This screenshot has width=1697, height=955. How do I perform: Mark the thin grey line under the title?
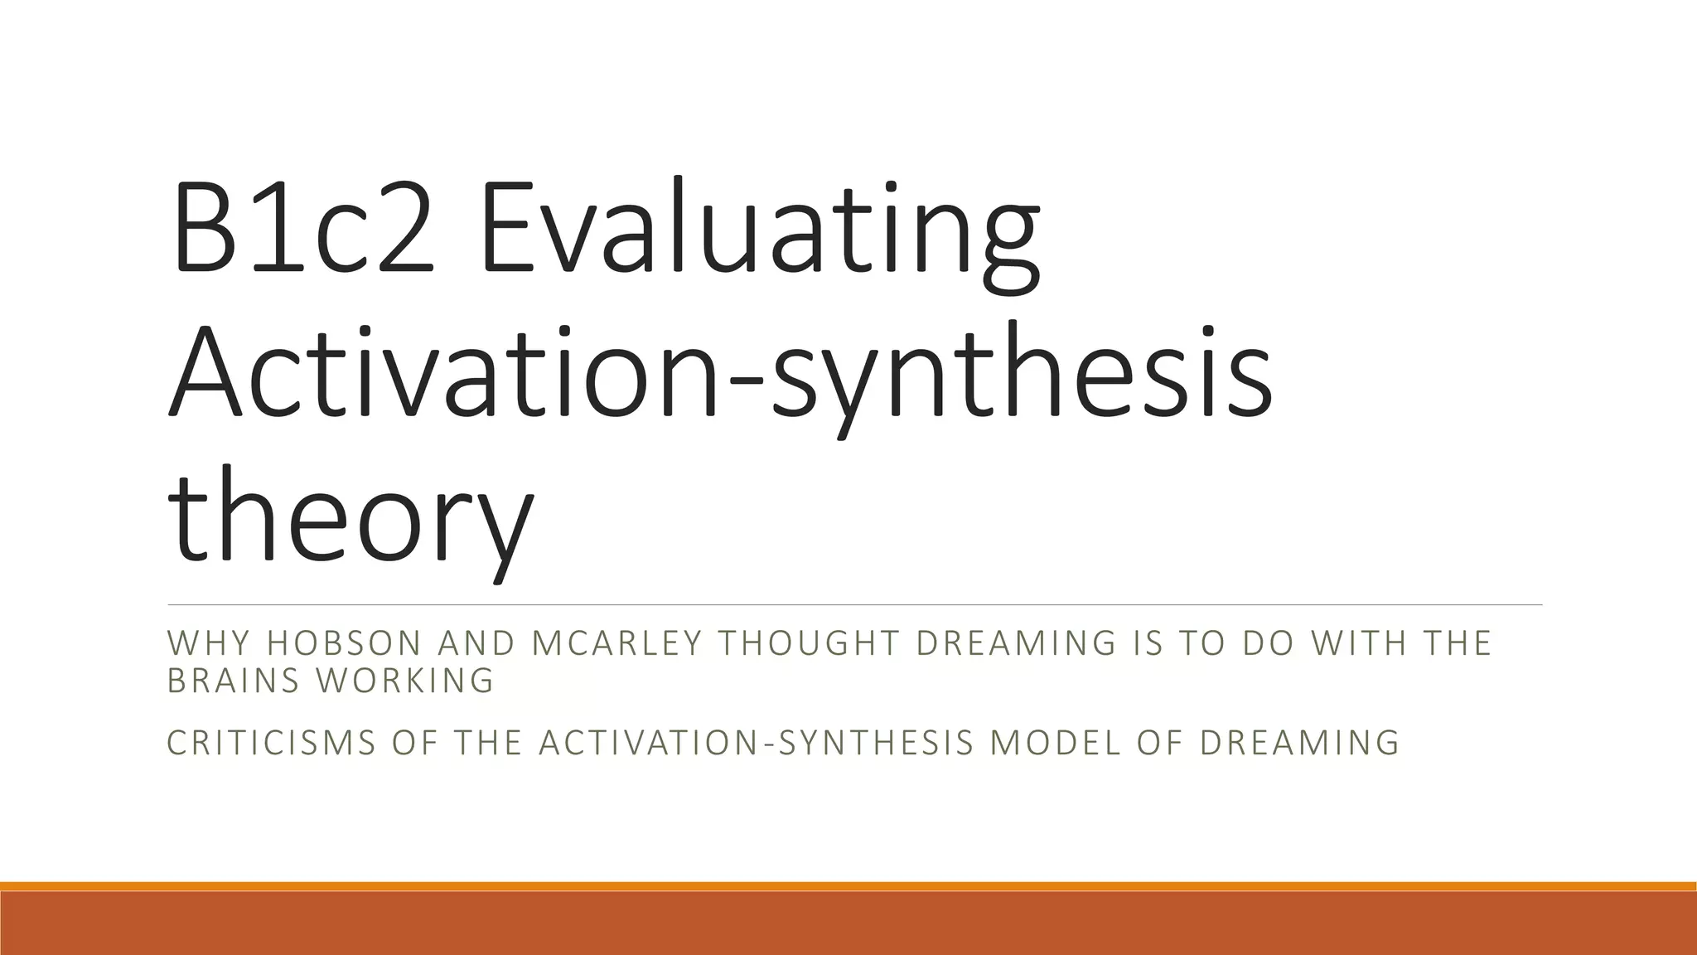click(x=853, y=605)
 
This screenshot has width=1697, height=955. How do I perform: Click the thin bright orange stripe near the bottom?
click(x=848, y=886)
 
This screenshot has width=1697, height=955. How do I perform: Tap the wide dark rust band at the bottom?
click(x=848, y=923)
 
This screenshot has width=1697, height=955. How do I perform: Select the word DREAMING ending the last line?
click(x=1298, y=743)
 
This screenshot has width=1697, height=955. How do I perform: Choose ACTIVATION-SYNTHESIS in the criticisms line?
click(x=755, y=743)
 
